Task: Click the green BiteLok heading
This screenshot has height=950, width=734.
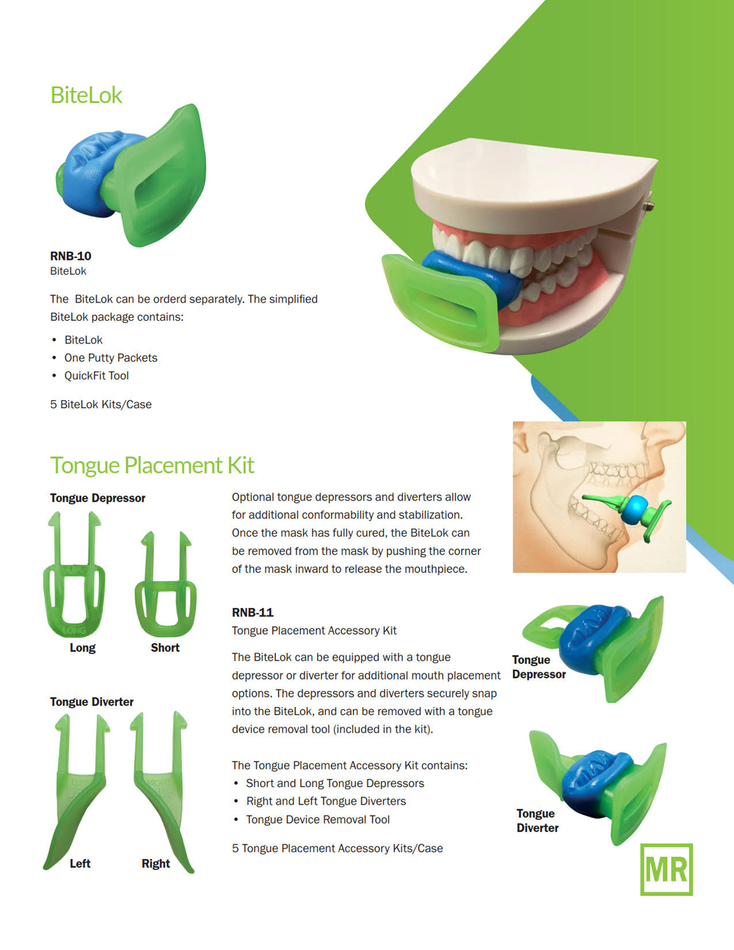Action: pyautogui.click(x=86, y=95)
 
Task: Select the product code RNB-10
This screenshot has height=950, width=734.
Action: pyautogui.click(x=70, y=255)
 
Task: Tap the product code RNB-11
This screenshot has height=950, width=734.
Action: pyautogui.click(x=252, y=612)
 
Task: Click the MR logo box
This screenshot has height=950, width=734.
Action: pyautogui.click(x=666, y=869)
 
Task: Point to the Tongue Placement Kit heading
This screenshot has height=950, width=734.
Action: pyautogui.click(x=152, y=465)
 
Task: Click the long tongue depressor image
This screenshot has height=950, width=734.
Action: pyautogui.click(x=74, y=574)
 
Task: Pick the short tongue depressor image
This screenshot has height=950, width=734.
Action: pyautogui.click(x=166, y=584)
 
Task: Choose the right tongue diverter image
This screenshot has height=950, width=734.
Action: pyautogui.click(x=161, y=791)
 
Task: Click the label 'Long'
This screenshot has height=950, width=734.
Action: pyautogui.click(x=82, y=648)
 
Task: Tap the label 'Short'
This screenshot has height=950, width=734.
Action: pyautogui.click(x=165, y=648)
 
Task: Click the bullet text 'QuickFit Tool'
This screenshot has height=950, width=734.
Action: pyautogui.click(x=97, y=376)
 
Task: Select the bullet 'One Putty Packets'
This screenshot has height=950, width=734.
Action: pyautogui.click(x=111, y=358)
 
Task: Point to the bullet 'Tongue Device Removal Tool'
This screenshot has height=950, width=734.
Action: pyautogui.click(x=318, y=819)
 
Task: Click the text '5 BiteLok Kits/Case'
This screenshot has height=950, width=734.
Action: pyautogui.click(x=101, y=405)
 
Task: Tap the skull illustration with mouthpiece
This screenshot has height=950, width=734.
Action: pyautogui.click(x=600, y=497)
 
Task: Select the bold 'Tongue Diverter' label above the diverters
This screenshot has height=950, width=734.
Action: pyautogui.click(x=92, y=702)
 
